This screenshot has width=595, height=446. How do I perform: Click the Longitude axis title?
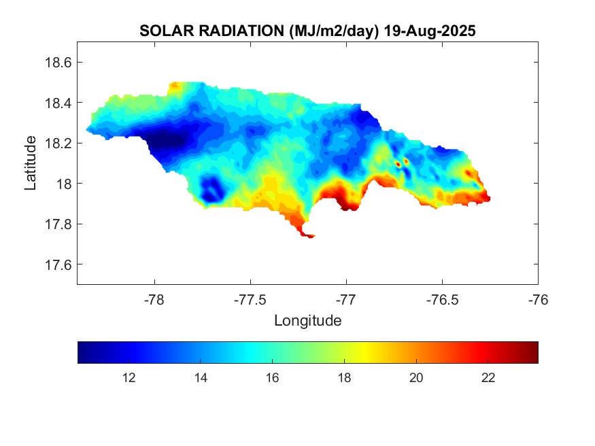[307, 320]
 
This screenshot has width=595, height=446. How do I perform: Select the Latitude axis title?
[31, 163]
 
